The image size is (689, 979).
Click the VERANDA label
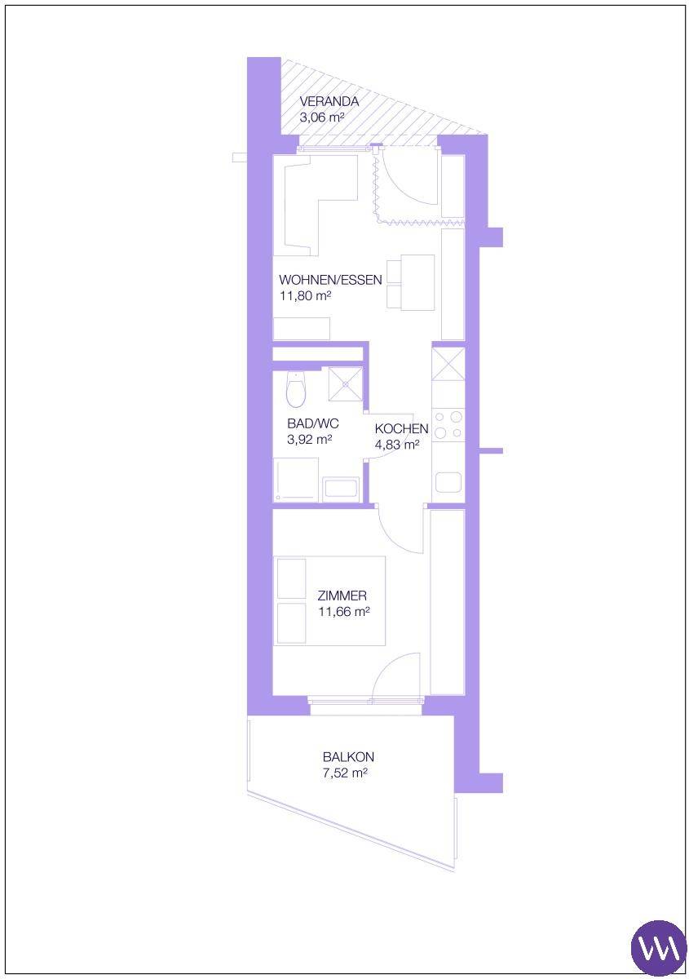click(x=329, y=101)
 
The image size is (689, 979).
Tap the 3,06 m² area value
click(x=322, y=117)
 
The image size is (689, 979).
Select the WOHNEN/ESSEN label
click(x=330, y=280)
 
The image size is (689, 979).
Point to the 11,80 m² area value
click(x=304, y=296)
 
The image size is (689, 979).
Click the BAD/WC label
click(x=313, y=423)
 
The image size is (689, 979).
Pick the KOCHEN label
click(x=401, y=429)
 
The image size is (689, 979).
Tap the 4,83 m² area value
click(x=397, y=445)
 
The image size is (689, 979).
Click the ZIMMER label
click(x=342, y=596)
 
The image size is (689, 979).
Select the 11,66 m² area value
click(x=344, y=612)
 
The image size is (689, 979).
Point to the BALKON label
click(x=349, y=756)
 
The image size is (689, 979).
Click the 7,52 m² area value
click(x=345, y=773)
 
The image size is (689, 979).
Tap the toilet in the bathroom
click(x=296, y=388)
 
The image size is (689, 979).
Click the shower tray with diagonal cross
click(x=346, y=384)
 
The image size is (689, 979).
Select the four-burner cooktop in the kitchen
click(x=448, y=424)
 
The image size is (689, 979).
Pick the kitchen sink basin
click(x=448, y=481)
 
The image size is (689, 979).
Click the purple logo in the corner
click(x=659, y=946)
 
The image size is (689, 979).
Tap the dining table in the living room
click(x=417, y=282)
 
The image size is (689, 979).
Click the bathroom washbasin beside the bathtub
click(x=341, y=489)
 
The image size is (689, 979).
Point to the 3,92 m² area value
click(x=309, y=440)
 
